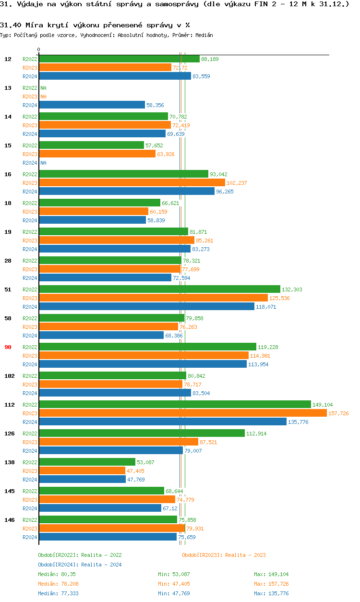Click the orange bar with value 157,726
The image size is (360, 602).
182,413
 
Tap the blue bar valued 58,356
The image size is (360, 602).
92,105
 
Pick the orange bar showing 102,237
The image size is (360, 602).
132,183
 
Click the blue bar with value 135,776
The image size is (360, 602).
163,422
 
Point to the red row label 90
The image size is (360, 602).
8,347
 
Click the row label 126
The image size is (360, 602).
10,433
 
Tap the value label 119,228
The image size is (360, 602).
268,347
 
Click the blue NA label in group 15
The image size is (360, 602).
43,163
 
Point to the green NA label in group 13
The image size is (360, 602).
43,88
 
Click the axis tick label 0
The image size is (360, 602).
38,49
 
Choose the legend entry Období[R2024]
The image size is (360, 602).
58,565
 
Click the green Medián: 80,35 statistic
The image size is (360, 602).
55,574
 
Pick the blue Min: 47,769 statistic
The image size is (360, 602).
174,593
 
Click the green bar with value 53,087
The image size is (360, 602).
87,462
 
